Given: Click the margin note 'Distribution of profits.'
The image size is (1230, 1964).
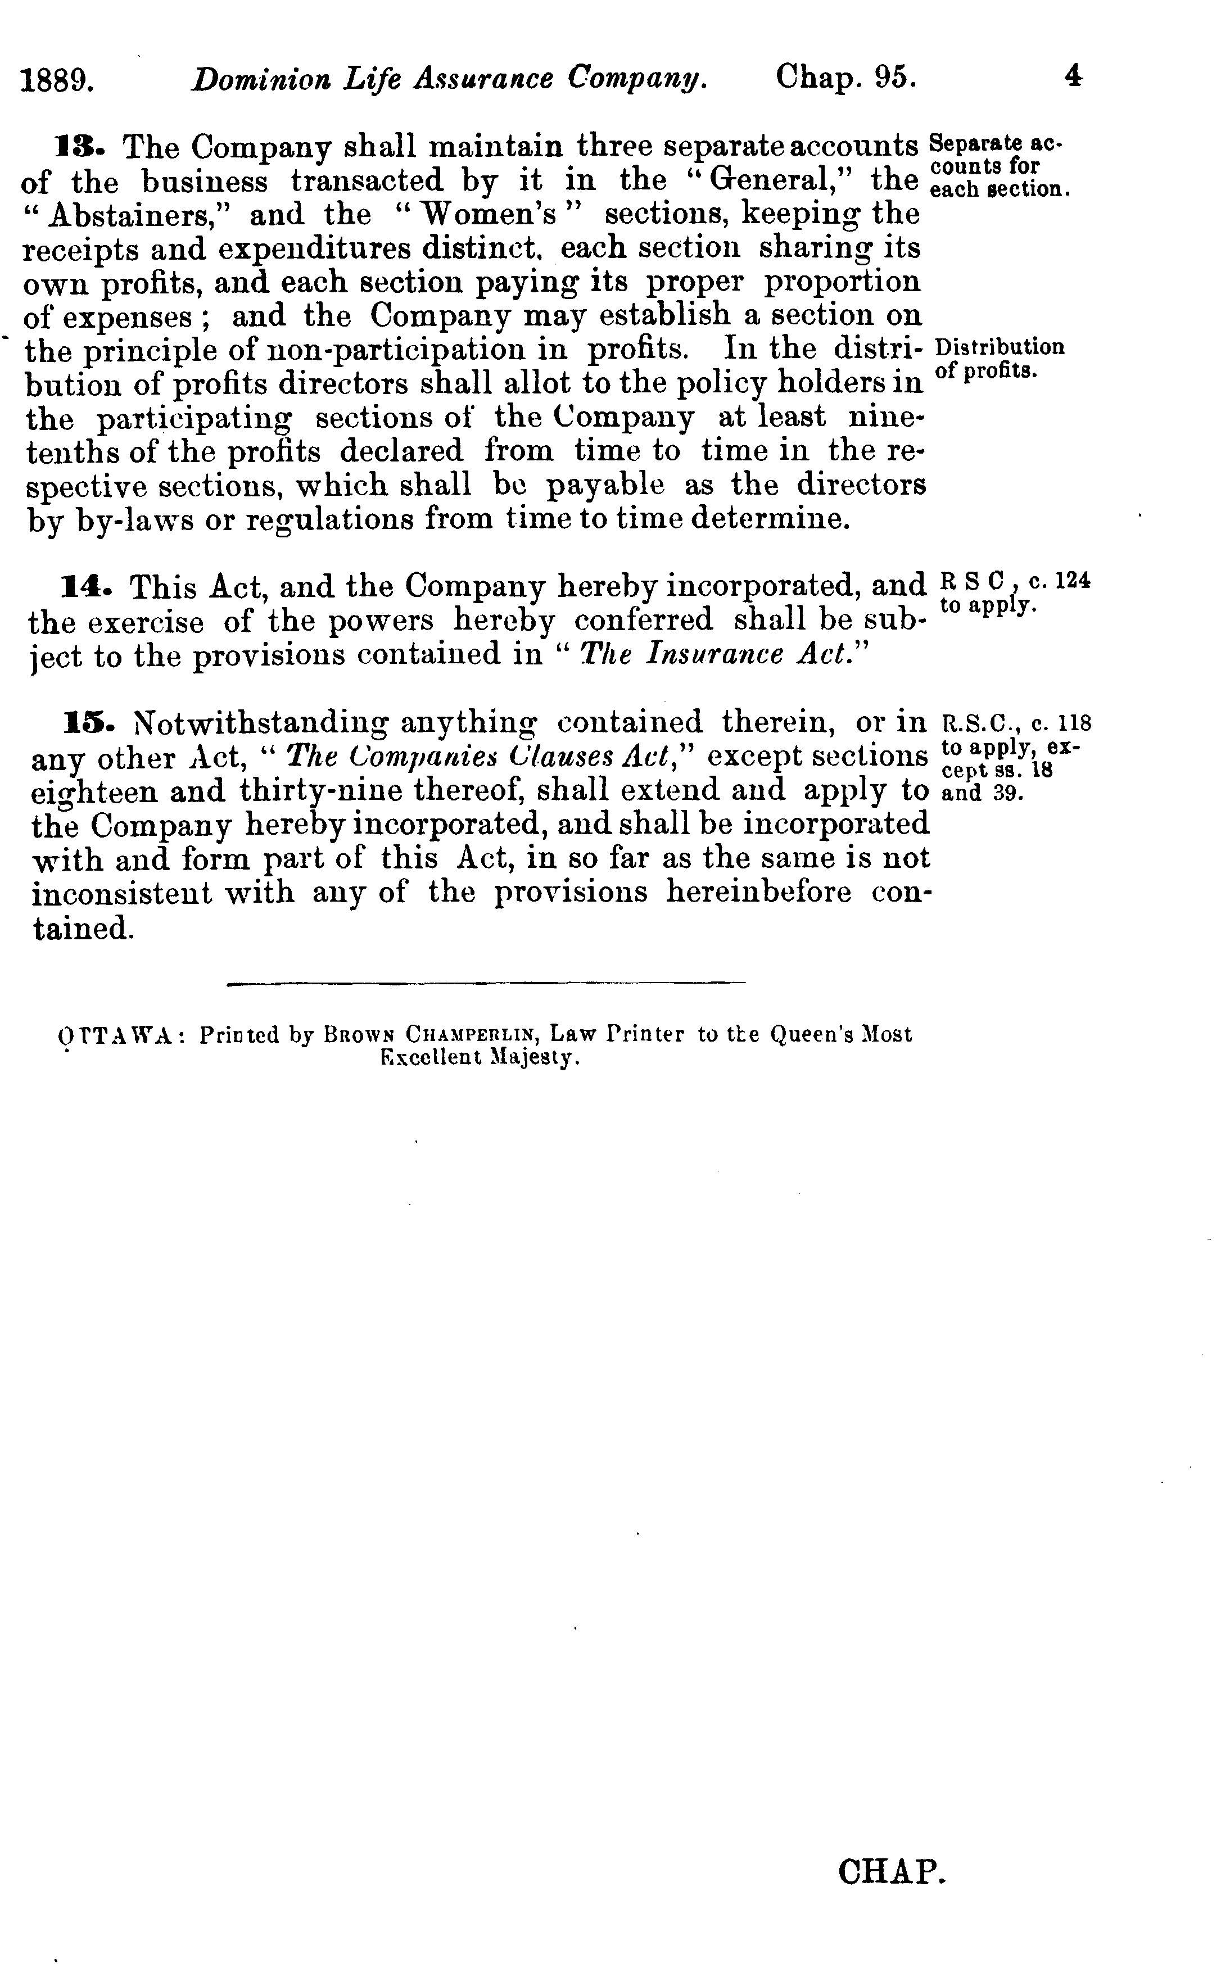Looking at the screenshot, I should click(1000, 359).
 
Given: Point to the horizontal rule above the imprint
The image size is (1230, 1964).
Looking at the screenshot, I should click(486, 984).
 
